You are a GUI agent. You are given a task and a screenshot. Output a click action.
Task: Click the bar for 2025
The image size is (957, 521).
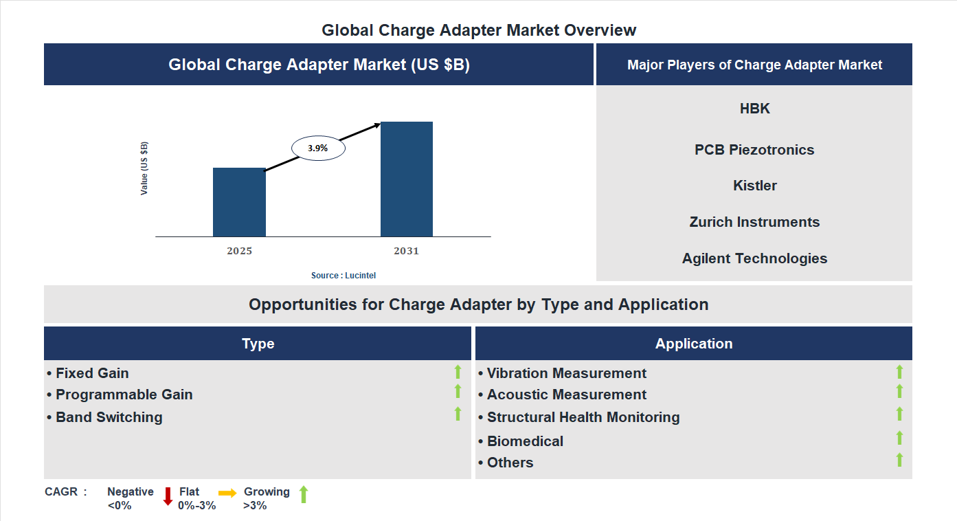pos(239,202)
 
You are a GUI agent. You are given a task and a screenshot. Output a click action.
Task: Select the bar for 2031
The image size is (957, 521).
pos(407,179)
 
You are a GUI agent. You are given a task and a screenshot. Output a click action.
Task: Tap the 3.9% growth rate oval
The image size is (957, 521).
pos(318,148)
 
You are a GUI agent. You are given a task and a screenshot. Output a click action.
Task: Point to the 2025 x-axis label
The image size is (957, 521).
pos(239,251)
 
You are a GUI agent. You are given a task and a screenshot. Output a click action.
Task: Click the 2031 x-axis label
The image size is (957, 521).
pos(406,251)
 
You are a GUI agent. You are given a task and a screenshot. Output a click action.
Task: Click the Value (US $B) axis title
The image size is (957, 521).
pos(144,168)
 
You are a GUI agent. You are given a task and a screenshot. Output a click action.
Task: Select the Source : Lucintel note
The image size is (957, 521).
pos(344,276)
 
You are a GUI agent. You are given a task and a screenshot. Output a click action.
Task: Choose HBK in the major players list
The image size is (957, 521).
pos(754,109)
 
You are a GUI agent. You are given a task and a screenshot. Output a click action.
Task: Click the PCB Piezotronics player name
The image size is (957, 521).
pos(754,150)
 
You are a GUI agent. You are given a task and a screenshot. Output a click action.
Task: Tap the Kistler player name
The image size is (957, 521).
pos(754,186)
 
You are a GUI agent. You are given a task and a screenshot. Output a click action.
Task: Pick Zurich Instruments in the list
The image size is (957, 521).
pos(754,222)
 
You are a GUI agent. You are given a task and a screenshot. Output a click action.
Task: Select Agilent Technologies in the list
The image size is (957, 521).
pos(754,258)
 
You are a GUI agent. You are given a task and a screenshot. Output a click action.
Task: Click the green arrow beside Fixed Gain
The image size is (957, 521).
pos(458,372)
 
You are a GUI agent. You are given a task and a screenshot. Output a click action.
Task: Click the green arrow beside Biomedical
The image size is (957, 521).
pos(899,438)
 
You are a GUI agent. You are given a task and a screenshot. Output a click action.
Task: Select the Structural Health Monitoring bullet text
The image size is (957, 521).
pos(583,417)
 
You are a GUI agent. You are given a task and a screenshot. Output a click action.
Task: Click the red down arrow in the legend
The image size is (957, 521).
pos(168,496)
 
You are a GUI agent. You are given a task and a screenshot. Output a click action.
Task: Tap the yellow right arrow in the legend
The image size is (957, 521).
pos(227,493)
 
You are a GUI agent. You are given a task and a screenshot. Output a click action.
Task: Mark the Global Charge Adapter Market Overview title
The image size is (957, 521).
pos(479,30)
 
